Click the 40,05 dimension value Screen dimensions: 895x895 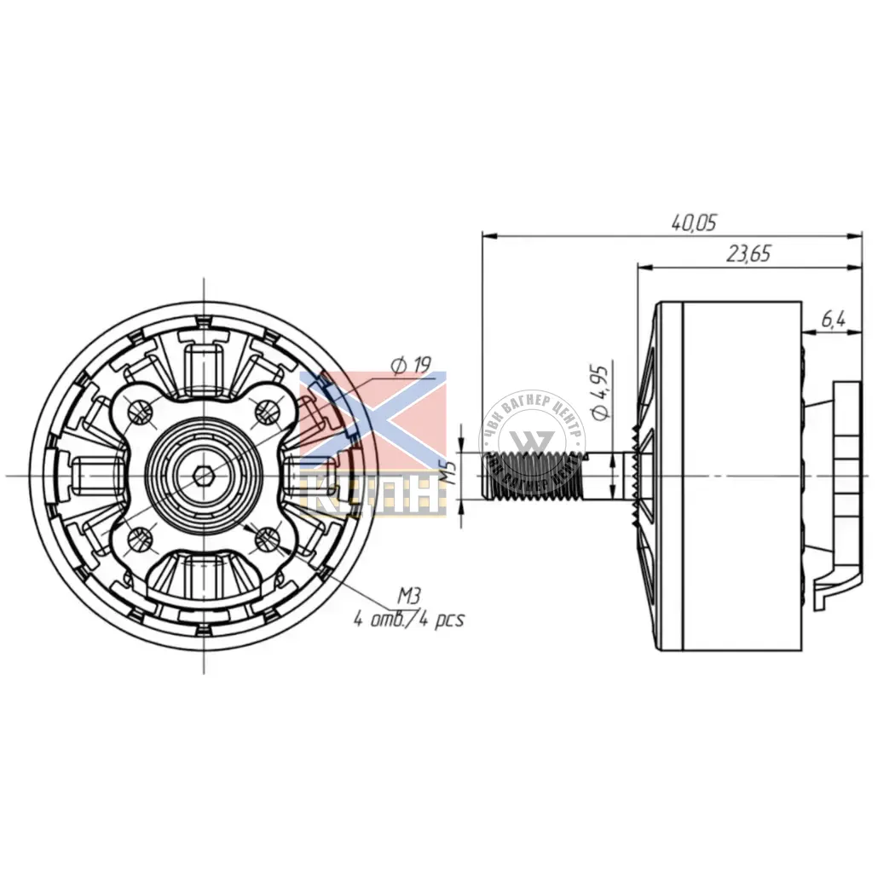coord(693,223)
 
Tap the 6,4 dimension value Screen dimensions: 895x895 coord(833,320)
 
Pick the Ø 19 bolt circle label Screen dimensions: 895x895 coord(411,365)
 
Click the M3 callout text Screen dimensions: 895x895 coord(411,594)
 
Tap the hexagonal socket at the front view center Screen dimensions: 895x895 coord(205,475)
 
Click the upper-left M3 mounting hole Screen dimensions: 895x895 coord(141,412)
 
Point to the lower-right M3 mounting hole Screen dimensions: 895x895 coord(268,538)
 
